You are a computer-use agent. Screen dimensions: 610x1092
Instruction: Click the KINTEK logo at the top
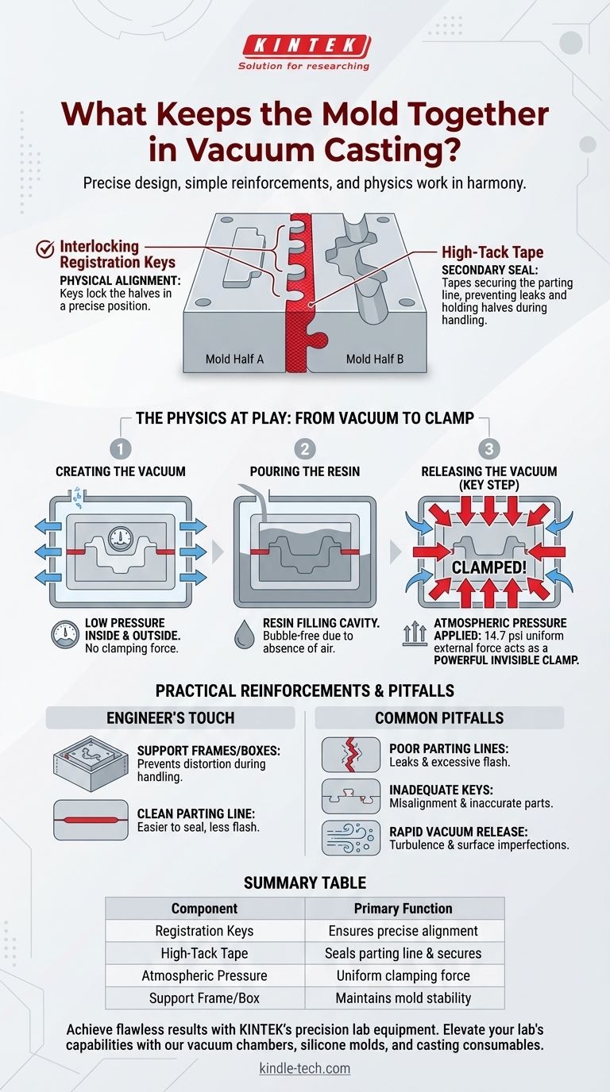pos(304,52)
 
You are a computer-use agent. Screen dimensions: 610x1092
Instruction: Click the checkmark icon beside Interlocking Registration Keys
pos(45,249)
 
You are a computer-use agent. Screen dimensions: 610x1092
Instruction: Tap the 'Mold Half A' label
pos(234,360)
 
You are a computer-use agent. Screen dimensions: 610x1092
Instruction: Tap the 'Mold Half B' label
pos(375,360)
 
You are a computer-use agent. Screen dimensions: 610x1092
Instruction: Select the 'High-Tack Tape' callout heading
pos(492,252)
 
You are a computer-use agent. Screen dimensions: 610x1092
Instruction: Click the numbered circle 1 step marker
pos(121,449)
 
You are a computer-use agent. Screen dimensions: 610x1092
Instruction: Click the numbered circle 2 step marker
pos(305,449)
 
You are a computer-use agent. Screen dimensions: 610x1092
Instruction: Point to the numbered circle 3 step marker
pos(489,449)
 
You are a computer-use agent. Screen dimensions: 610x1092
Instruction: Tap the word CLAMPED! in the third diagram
pos(489,567)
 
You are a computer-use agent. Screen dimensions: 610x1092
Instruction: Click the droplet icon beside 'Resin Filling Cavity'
pos(244,635)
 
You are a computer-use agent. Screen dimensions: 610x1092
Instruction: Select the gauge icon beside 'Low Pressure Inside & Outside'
pos(65,635)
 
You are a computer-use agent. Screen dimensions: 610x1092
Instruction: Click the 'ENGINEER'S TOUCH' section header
pos(170,717)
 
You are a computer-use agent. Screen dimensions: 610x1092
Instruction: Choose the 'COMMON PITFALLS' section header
pos(439,717)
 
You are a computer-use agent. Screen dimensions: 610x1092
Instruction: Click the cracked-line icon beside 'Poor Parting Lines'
pos(351,755)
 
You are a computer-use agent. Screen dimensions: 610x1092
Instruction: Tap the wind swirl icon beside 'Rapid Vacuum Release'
pos(351,838)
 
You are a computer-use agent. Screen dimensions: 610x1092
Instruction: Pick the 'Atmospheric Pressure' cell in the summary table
pos(204,975)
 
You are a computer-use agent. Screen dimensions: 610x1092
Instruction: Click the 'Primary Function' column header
pos(403,908)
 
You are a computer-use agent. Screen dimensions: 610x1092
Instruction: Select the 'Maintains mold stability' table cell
pos(403,998)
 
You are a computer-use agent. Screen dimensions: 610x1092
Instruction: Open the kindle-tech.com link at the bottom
pos(305,1068)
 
